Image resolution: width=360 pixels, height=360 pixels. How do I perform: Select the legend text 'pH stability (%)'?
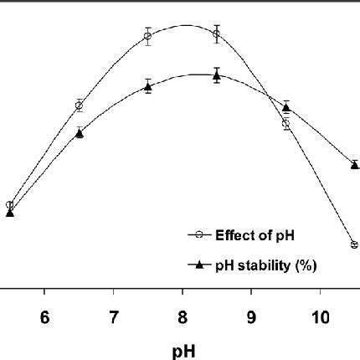265,265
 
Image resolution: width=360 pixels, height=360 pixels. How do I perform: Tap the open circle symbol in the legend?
198,235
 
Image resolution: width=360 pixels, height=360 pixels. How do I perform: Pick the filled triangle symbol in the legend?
198,265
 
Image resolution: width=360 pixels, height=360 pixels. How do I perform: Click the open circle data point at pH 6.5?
79,105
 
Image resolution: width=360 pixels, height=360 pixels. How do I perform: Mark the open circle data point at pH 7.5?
147,36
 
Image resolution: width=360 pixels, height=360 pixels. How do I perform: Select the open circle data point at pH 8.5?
217,33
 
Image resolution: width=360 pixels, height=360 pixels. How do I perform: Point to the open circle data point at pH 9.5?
285,124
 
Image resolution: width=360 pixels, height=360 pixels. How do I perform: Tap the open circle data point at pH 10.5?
354,244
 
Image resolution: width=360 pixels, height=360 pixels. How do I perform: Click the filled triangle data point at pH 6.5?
79,132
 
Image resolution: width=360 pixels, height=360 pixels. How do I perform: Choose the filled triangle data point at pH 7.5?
147,86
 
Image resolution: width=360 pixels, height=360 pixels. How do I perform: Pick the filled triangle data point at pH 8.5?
217,75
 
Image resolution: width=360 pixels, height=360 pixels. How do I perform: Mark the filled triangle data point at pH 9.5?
285,106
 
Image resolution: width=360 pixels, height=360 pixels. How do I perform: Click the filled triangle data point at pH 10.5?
354,164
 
